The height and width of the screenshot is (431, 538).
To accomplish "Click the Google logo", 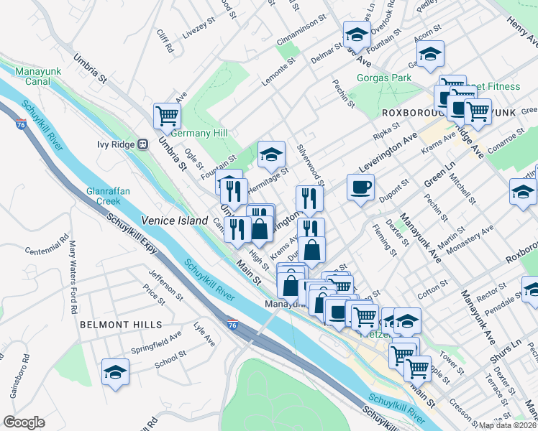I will pos(23,422).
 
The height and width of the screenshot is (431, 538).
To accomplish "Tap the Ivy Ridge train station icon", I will pos(142,144).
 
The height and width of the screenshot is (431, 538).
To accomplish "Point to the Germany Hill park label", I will pos(199,134).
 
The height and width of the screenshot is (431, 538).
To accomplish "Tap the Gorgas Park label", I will pos(384,78).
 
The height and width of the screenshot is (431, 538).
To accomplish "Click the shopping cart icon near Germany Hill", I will pos(167,115).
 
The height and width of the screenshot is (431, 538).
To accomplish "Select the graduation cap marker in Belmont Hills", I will pos(115,372).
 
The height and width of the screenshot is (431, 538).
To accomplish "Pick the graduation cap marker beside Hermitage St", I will pos(271,154).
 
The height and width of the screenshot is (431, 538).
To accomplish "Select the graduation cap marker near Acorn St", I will pos(430,55).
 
